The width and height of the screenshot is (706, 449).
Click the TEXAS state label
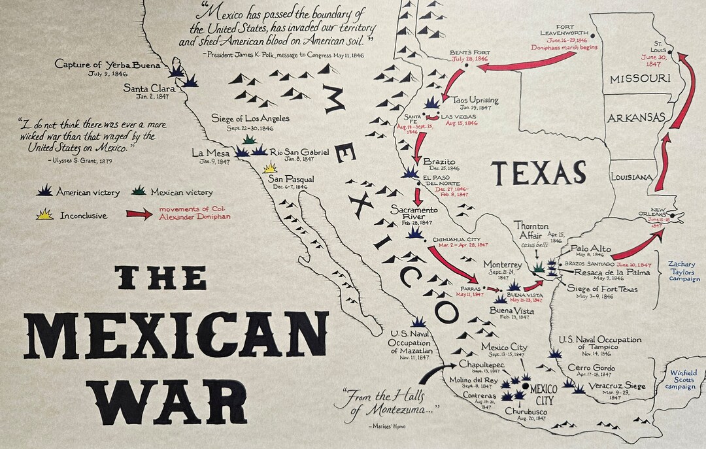[538, 173]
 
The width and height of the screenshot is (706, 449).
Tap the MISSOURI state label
[640, 78]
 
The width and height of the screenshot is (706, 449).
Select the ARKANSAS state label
[636, 118]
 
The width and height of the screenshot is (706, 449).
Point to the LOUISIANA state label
[631, 177]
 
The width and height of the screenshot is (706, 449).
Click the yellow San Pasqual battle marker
[269, 167]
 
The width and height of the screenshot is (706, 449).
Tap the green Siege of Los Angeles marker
[249, 139]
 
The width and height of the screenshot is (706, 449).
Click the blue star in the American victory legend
[45, 191]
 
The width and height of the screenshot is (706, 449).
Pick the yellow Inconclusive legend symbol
[44, 214]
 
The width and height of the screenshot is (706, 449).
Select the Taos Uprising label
[475, 100]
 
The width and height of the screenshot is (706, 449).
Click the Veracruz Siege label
[618, 386]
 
